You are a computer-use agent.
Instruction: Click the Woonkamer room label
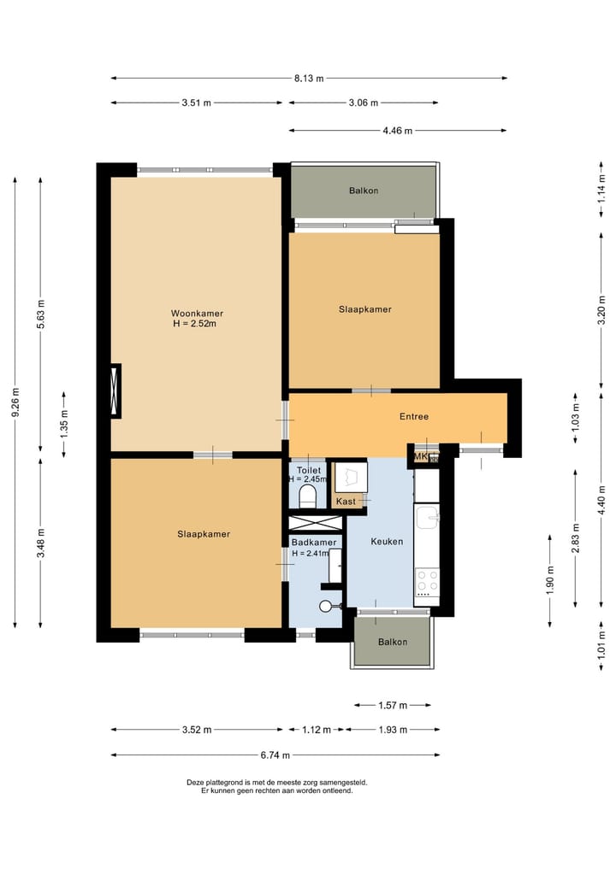[197, 313]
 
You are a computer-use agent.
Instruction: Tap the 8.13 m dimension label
[309, 78]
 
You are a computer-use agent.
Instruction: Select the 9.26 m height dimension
[15, 402]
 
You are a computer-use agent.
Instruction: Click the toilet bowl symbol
[307, 496]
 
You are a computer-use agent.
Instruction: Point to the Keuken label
[387, 542]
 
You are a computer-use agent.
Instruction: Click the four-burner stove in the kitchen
[427, 582]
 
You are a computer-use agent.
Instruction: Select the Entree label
[414, 416]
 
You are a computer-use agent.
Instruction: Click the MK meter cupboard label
[421, 456]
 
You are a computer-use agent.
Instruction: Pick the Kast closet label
[346, 501]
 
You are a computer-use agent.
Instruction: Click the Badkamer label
[314, 543]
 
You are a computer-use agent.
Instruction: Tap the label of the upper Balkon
[364, 191]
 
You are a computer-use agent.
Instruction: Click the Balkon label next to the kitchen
[393, 642]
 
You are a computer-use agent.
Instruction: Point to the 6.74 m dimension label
[275, 755]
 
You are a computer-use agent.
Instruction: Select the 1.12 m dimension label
[317, 730]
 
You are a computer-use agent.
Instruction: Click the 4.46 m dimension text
[397, 131]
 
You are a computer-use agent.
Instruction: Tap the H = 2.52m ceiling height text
[195, 324]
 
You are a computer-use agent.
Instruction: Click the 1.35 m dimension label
[64, 424]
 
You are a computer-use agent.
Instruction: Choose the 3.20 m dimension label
[601, 313]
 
